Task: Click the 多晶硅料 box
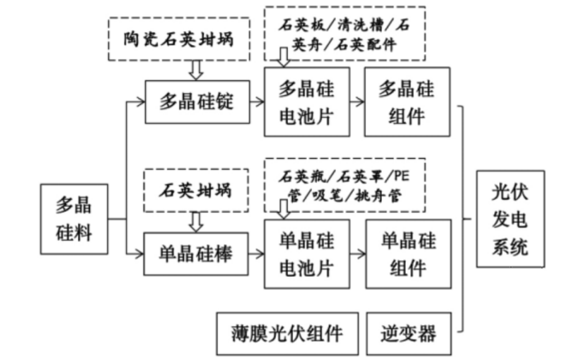point(74,219)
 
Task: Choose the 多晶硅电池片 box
point(307,102)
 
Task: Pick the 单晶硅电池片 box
point(307,253)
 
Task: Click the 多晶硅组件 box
point(406,102)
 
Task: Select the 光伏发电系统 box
point(510,219)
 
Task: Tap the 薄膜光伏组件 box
point(287,333)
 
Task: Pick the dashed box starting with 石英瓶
point(344,186)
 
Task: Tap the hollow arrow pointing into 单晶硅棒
point(195,221)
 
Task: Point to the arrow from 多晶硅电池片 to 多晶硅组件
point(356,102)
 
